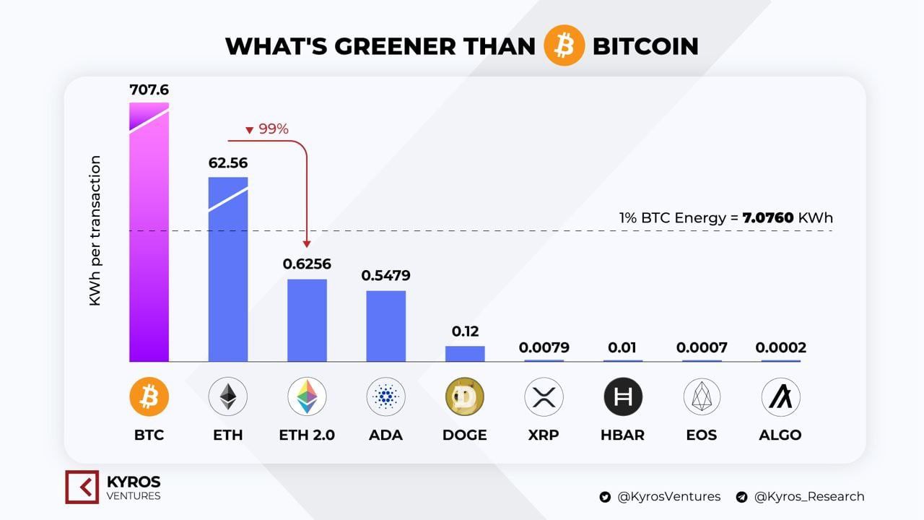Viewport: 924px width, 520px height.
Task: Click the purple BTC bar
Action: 149,238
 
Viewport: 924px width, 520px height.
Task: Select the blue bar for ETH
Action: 228,274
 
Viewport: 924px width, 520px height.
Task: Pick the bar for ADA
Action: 385,326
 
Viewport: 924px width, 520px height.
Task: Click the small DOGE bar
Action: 465,354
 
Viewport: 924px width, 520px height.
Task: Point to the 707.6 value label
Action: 149,90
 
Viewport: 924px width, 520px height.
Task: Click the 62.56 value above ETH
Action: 228,163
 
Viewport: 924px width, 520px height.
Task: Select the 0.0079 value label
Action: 544,347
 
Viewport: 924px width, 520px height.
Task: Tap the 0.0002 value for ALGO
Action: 781,347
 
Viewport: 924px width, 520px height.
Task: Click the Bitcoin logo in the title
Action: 564,45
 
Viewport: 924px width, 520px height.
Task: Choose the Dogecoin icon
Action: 465,396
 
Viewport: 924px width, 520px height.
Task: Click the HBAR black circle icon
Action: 622,396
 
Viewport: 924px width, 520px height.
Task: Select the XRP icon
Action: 544,396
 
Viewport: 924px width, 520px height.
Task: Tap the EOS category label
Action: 702,435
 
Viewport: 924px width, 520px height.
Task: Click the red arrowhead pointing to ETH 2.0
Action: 307,245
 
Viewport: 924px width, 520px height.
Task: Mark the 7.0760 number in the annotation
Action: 768,217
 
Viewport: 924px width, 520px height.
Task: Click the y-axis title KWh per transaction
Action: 95,231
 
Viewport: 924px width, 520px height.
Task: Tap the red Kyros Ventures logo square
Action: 82,486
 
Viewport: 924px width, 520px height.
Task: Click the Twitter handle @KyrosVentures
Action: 668,496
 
